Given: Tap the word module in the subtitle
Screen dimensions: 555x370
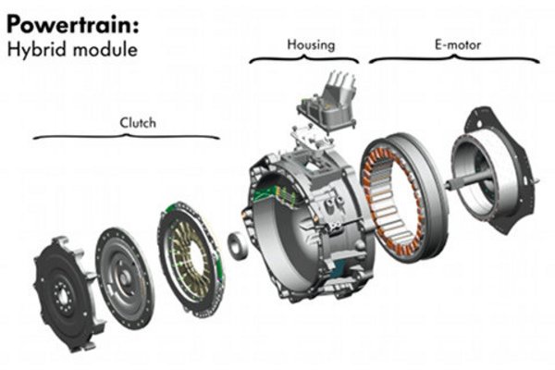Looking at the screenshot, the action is coord(105,49).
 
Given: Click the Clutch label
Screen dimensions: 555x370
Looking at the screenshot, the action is coord(138,123).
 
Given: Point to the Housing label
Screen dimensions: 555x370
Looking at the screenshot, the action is coord(311,45).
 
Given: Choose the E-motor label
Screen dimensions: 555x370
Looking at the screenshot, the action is coord(458,44).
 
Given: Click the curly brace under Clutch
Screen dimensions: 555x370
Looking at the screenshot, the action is coord(127,137).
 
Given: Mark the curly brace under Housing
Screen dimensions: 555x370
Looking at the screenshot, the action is coord(304,59).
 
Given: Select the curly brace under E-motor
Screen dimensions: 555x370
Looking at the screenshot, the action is coord(454,59).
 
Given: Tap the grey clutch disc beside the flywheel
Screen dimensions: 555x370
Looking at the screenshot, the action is coord(125,278).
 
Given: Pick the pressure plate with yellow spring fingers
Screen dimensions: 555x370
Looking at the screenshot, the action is coord(191,259).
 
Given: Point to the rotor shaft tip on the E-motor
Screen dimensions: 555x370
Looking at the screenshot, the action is coord(448,184).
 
